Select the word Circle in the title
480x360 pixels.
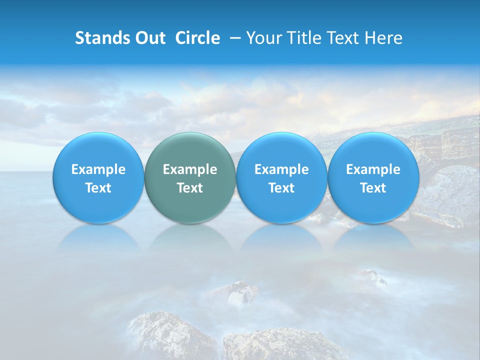[x=197, y=38]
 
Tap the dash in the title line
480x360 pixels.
[x=234, y=38]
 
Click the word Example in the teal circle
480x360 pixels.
[x=190, y=169]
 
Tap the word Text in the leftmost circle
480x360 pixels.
[x=98, y=188]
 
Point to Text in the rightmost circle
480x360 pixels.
[x=373, y=188]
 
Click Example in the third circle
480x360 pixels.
[x=281, y=169]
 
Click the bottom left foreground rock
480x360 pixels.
[x=165, y=335]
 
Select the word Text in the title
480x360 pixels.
[x=345, y=38]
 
